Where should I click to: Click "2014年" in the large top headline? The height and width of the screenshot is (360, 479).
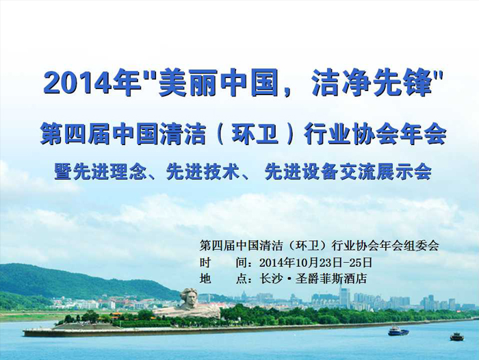coord(92,83)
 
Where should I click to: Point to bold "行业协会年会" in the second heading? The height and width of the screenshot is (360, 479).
coord(375,134)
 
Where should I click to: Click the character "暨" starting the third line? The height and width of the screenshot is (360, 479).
coord(63,172)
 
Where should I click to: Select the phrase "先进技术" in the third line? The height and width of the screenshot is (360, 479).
coord(203,172)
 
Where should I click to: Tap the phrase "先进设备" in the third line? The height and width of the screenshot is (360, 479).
coord(301,172)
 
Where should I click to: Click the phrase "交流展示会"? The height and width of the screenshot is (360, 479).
coord(385,172)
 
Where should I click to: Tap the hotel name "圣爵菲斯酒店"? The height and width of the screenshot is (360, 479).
coord(331,279)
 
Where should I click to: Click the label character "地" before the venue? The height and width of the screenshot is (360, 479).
coord(205,279)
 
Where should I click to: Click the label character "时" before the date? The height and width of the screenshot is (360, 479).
coord(205,263)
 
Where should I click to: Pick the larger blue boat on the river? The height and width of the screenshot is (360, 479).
coord(398,331)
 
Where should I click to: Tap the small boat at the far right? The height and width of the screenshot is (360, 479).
coord(457,337)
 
